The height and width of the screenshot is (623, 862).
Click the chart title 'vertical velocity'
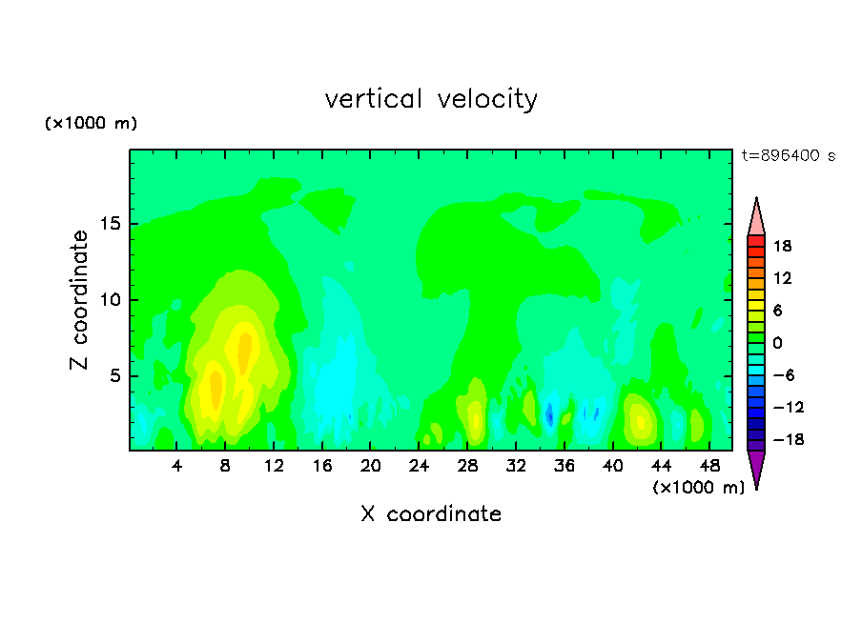point(431,99)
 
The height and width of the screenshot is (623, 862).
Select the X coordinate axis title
point(431,514)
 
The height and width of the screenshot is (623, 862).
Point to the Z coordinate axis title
point(79,300)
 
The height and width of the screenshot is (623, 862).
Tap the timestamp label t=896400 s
point(789,155)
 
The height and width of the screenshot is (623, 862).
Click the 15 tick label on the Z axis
point(111,224)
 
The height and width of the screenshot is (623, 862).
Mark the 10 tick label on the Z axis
point(111,300)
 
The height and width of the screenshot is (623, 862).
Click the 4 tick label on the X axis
point(176,466)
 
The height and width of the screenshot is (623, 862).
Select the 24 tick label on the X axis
point(419,466)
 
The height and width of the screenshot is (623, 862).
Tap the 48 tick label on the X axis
point(709,466)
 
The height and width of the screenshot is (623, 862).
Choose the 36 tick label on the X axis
point(564,466)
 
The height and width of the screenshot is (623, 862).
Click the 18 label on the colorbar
point(782,246)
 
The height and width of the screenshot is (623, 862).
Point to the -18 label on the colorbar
point(789,439)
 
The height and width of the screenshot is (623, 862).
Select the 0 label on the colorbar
point(777,343)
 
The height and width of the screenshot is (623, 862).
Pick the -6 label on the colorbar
point(784,375)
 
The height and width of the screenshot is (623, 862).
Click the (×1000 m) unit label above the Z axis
point(91,123)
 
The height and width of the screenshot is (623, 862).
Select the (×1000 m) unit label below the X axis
point(698,488)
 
